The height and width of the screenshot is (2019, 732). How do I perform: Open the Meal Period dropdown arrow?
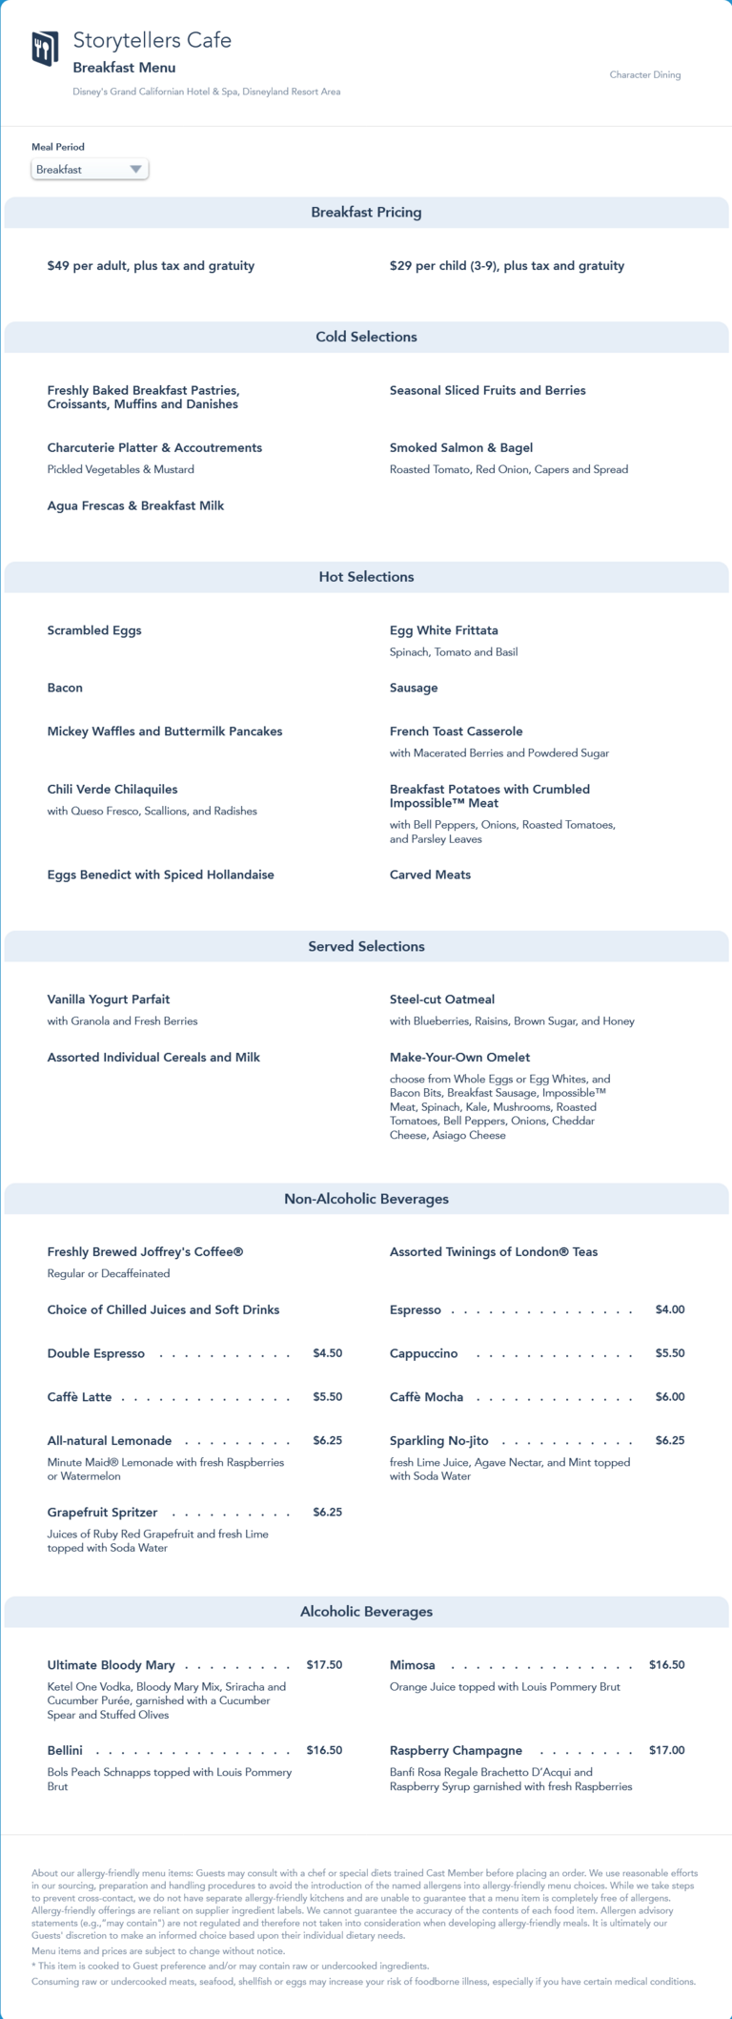click(135, 170)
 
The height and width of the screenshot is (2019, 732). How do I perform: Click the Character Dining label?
click(645, 74)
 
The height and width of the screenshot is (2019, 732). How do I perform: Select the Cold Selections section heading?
click(366, 337)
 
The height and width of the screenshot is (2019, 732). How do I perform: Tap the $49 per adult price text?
click(151, 266)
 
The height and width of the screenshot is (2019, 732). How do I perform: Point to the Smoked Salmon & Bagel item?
click(461, 447)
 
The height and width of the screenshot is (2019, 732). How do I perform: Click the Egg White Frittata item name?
click(443, 630)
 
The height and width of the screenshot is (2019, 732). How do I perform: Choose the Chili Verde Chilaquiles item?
click(112, 789)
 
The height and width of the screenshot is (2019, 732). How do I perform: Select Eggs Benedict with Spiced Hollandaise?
click(160, 875)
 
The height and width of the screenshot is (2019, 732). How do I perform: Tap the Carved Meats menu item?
click(430, 875)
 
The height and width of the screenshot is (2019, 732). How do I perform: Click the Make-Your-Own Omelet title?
click(459, 1057)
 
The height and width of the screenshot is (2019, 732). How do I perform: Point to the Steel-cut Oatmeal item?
click(442, 999)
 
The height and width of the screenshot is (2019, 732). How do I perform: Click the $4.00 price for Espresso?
click(670, 1309)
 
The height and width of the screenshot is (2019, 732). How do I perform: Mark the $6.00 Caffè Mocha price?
click(670, 1396)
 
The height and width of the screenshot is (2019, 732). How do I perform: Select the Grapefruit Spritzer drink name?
click(102, 1512)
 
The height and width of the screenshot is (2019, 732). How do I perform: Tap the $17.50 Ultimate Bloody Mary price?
click(324, 1664)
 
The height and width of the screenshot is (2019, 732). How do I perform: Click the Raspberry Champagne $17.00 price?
click(667, 1750)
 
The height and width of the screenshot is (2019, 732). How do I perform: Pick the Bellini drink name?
click(65, 1750)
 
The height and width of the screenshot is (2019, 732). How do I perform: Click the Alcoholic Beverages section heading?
click(366, 1611)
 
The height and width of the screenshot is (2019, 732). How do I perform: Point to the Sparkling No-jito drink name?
click(438, 1440)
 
